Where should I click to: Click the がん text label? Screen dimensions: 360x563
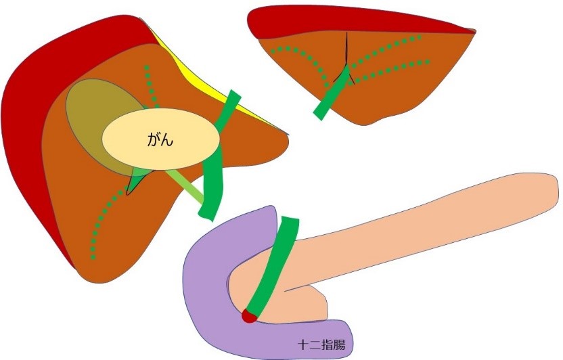[160, 141]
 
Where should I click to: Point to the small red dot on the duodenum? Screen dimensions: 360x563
[249, 315]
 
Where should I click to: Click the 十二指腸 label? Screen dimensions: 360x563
[321, 344]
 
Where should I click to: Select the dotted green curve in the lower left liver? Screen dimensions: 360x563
[102, 217]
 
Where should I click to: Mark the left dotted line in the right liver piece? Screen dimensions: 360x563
[298, 54]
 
